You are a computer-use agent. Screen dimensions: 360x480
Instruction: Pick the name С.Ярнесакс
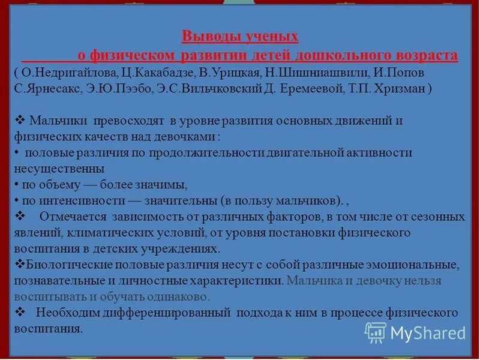click(x=43, y=88)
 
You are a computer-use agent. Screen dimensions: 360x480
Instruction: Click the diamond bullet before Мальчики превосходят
click(x=19, y=121)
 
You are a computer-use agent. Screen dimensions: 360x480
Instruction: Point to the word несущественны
click(x=59, y=169)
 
